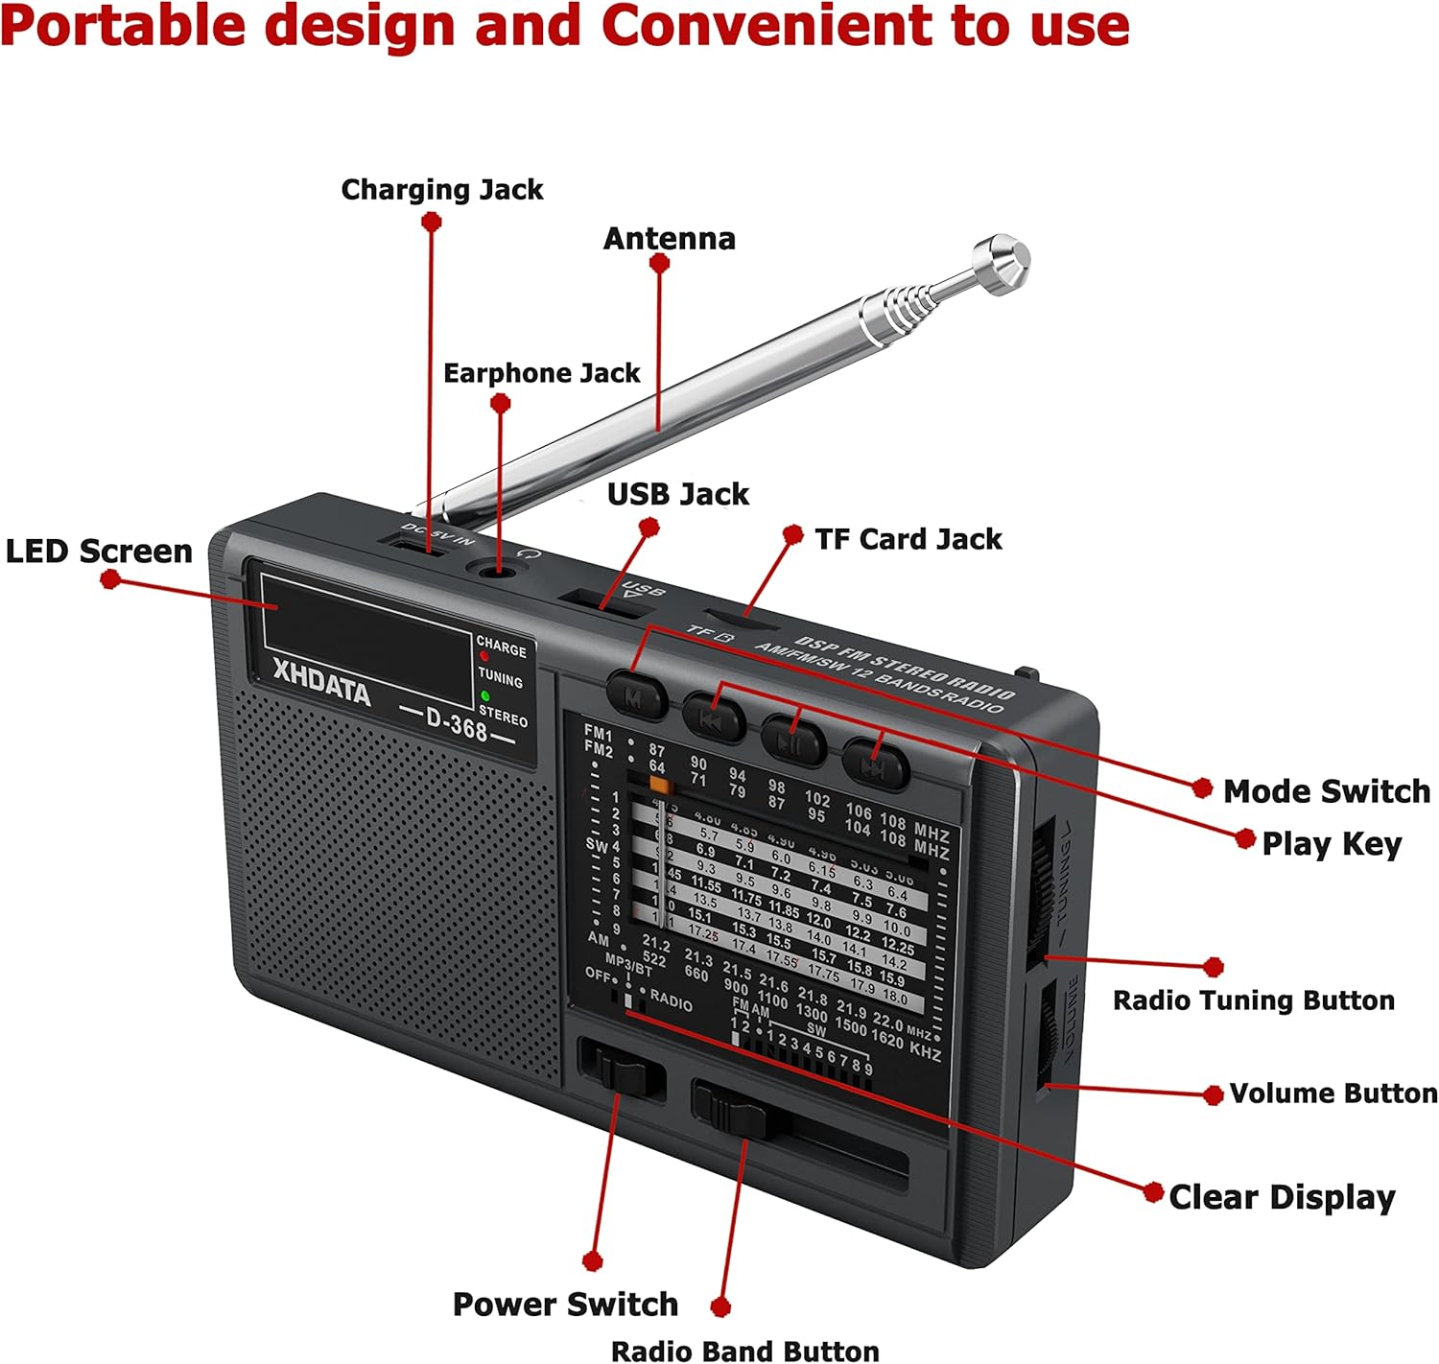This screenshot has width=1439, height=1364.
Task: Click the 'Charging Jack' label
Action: [x=442, y=190]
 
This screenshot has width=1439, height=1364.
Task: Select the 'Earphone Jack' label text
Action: [x=541, y=373]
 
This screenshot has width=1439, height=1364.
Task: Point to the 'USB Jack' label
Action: [x=678, y=494]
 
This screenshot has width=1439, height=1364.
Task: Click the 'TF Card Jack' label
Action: [x=908, y=539]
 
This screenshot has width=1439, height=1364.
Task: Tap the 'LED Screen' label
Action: [x=99, y=552]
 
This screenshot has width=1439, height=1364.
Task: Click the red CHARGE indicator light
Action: [x=484, y=657]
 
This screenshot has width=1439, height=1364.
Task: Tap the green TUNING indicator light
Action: [x=485, y=695]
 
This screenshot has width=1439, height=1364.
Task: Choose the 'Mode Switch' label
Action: [x=1326, y=791]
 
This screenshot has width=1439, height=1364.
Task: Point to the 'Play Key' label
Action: [x=1332, y=843]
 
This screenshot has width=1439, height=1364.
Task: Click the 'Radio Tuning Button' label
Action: [x=1253, y=1000]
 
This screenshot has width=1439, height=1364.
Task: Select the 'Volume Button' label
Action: [x=1333, y=1094]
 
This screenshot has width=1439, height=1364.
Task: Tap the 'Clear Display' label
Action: [x=1282, y=1197]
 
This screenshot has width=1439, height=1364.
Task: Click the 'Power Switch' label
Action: [x=565, y=1305]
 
